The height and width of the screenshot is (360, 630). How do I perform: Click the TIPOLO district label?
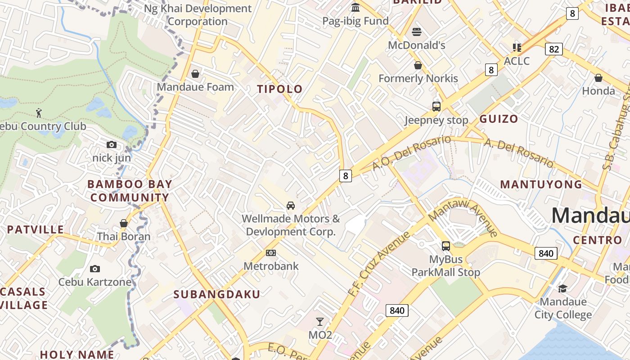[279, 89]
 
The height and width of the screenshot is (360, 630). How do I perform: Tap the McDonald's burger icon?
[416, 32]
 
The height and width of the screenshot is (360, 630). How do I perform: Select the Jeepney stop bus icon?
[436, 107]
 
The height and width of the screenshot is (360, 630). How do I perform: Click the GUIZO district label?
[498, 119]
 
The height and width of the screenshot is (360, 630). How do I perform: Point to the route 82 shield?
[553, 49]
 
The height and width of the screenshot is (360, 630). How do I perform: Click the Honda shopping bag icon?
[598, 78]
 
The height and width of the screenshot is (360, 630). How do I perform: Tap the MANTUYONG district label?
[541, 184]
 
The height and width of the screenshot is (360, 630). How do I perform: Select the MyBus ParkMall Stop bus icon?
[445, 246]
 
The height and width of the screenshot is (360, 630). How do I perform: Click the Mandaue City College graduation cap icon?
[562, 288]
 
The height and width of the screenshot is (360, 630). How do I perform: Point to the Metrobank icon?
[270, 253]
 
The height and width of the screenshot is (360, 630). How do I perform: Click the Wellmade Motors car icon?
[291, 206]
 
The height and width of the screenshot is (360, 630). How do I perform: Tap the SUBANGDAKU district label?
[216, 295]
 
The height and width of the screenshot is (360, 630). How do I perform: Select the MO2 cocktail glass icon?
[319, 322]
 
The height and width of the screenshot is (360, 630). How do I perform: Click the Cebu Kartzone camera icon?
[94, 269]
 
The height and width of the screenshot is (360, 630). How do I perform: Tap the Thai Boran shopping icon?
[124, 223]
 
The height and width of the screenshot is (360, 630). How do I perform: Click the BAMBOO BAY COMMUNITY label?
[130, 191]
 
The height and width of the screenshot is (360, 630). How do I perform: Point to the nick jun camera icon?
[111, 145]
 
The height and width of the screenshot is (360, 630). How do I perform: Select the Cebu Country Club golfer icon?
[39, 113]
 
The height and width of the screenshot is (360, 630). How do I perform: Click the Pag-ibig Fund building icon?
[355, 8]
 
